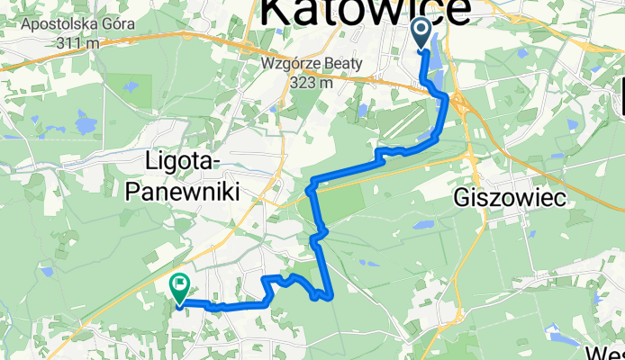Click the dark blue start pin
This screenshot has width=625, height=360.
[x=422, y=33]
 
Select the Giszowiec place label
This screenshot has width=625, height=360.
[x=511, y=200]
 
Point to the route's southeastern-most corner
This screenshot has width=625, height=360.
[x=332, y=293]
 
